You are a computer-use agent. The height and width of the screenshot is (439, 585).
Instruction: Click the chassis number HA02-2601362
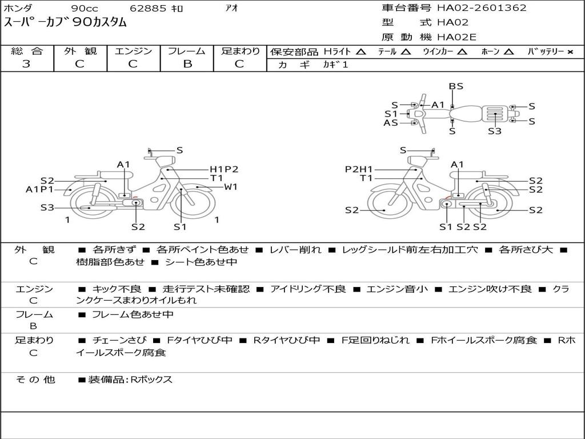pyautogui.click(x=482, y=7)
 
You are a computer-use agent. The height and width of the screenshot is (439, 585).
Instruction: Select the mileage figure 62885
pyautogui.click(x=148, y=8)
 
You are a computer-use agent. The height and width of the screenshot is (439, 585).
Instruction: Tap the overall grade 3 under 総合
pyautogui.click(x=26, y=64)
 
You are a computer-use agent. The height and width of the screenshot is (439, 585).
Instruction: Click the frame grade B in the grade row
pyautogui.click(x=187, y=64)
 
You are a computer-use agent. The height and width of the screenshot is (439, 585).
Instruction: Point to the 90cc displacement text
pyautogui.click(x=85, y=8)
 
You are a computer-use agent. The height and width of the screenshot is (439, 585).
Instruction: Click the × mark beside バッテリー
pyautogui.click(x=570, y=52)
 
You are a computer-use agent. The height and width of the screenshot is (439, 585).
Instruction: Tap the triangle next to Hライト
pyautogui.click(x=361, y=51)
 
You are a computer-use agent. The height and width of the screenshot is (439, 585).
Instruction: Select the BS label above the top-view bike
pyautogui.click(x=455, y=86)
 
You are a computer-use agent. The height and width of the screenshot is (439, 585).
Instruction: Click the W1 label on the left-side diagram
pyautogui.click(x=231, y=187)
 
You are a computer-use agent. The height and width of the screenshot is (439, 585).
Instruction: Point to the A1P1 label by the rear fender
pyautogui.click(x=39, y=189)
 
